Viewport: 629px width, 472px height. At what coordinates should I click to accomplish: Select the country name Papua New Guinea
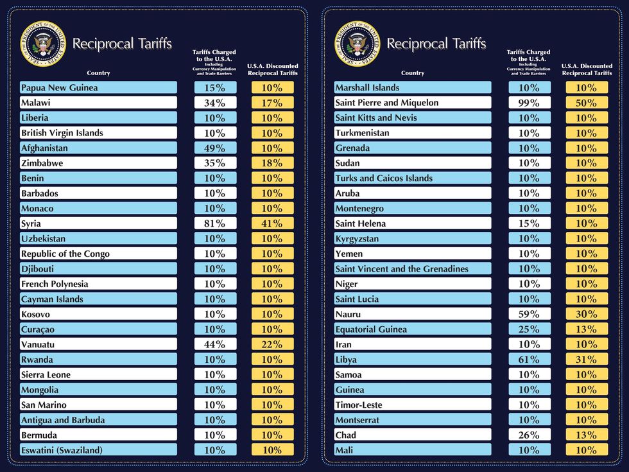pos(59,87)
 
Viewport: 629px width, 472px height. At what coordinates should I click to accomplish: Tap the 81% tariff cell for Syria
pos(215,223)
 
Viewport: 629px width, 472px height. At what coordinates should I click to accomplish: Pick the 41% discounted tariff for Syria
pos(272,223)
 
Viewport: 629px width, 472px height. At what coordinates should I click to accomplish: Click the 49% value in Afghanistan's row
pos(215,148)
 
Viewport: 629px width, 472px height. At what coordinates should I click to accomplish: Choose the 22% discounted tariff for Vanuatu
pos(272,344)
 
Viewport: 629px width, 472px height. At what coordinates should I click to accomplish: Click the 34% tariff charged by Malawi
pos(215,103)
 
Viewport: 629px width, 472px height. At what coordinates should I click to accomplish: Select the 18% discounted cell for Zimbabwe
pos(272,163)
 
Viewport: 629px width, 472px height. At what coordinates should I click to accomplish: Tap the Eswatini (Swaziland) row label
pos(62,450)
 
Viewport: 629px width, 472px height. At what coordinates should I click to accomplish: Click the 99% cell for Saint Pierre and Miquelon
pos(530,103)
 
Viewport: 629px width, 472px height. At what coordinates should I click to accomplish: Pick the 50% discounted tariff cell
pos(587,103)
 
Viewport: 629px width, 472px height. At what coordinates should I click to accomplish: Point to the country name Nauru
pos(348,314)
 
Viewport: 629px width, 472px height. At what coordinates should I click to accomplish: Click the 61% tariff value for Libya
pos(530,360)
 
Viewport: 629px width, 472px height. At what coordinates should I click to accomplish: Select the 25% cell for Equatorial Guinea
pos(530,329)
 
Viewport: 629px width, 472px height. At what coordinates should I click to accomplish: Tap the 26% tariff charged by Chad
pos(530,435)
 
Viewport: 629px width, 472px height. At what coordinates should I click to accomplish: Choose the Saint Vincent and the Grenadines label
pos(402,269)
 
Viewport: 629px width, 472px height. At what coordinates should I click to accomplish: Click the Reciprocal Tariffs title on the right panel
pos(436,44)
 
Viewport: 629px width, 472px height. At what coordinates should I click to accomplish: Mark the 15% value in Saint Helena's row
pos(530,223)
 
